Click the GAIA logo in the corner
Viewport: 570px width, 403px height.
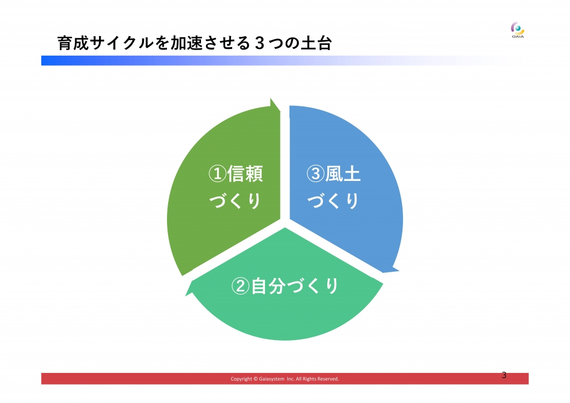(518, 30)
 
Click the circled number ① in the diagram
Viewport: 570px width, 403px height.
(218, 174)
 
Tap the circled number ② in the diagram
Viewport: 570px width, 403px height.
(240, 286)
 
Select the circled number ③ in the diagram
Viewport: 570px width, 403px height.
(316, 174)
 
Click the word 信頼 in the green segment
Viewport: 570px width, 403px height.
(245, 174)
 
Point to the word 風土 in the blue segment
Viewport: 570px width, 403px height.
(342, 174)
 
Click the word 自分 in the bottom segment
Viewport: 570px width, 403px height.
(268, 286)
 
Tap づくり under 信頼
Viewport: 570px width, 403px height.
(235, 201)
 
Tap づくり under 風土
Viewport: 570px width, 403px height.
(333, 201)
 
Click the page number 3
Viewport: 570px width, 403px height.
(504, 375)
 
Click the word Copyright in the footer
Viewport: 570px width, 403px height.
(242, 379)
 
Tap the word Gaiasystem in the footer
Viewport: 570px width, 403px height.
(272, 379)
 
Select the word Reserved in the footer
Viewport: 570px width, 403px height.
(328, 379)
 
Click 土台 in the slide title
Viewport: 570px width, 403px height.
(316, 43)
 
